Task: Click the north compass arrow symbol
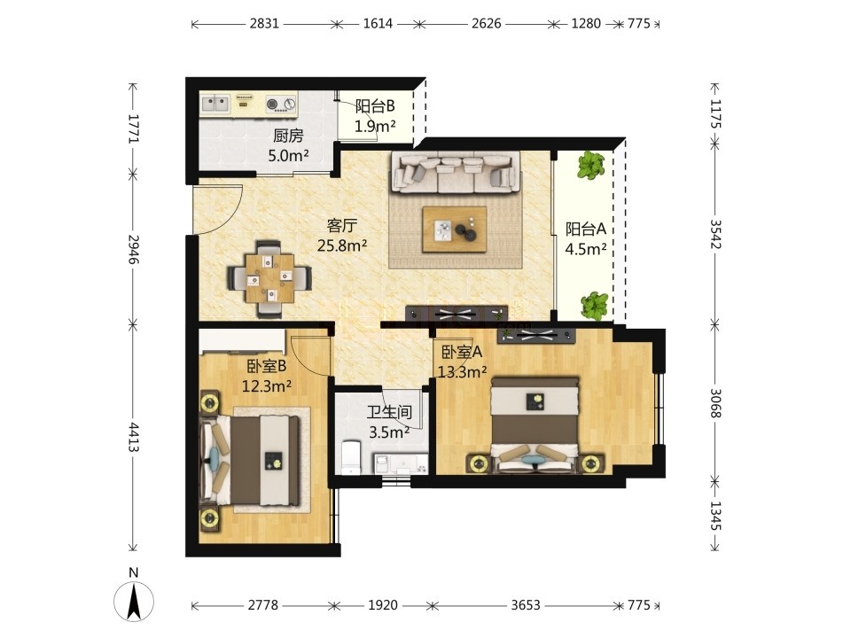(134, 601)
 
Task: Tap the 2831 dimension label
(264, 24)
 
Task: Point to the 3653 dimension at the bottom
(526, 605)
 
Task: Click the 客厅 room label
(342, 225)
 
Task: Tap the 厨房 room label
(288, 136)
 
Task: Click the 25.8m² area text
(342, 245)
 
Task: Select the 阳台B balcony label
(375, 105)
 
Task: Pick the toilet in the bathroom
(351, 457)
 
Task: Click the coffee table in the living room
(455, 229)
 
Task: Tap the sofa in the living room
(455, 173)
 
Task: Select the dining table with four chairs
(269, 278)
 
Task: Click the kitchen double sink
(215, 104)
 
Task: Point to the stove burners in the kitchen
(282, 104)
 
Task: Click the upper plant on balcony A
(590, 166)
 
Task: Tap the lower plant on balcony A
(595, 306)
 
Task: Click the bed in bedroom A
(535, 424)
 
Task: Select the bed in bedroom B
(251, 460)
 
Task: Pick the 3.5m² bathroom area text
(389, 432)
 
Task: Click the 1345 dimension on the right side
(715, 516)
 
